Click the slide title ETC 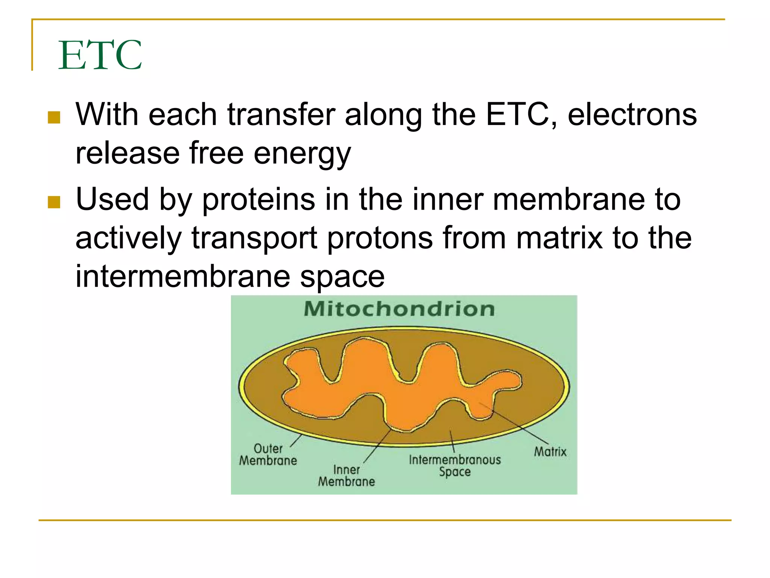(x=100, y=55)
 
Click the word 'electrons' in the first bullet (x=632, y=115)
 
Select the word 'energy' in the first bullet (x=302, y=154)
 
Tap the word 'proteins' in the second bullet (x=259, y=200)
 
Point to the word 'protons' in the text (x=380, y=239)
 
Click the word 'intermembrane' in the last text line (x=183, y=277)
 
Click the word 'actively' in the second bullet (x=128, y=239)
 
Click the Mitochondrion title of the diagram (x=399, y=309)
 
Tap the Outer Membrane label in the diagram (x=268, y=455)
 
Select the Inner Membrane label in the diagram (x=346, y=476)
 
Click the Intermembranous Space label (x=455, y=465)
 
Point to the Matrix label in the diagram (x=550, y=452)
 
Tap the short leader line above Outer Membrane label (x=296, y=441)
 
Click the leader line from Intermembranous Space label (x=452, y=441)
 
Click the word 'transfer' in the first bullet (x=281, y=115)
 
